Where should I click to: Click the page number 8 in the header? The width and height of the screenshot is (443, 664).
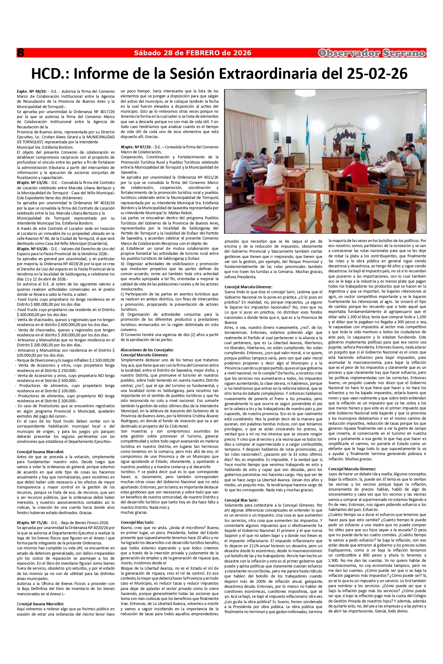(x=21, y=53)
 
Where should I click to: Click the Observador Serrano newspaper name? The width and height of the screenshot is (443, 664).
(x=371, y=53)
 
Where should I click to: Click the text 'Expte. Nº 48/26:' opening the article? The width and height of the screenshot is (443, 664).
(x=32, y=91)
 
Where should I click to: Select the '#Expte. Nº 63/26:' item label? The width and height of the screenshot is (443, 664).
(x=32, y=249)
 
